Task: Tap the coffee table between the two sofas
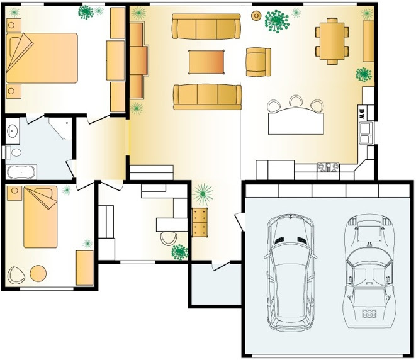click(206, 62)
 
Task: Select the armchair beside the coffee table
click(258, 62)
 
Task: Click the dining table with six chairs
click(332, 41)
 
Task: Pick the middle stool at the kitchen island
click(296, 101)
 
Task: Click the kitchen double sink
click(365, 133)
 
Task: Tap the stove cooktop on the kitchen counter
click(328, 167)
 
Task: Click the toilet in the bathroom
click(14, 152)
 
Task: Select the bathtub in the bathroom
click(21, 172)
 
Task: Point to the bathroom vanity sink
click(13, 130)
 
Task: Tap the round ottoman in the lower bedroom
click(38, 273)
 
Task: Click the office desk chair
click(169, 239)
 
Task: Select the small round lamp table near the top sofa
click(256, 16)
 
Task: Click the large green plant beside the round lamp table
click(277, 21)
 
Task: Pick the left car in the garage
click(291, 272)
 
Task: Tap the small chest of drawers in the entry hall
click(200, 222)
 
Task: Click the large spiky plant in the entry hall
click(203, 194)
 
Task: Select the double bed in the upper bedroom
click(42, 58)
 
